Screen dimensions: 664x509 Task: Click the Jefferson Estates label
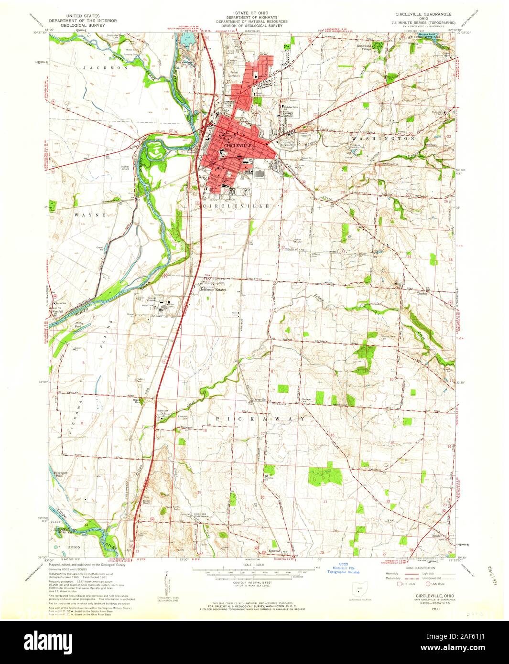click(x=213, y=289)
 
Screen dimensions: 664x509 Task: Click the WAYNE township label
click(x=90, y=215)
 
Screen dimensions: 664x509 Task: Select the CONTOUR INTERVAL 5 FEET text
click(x=253, y=584)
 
